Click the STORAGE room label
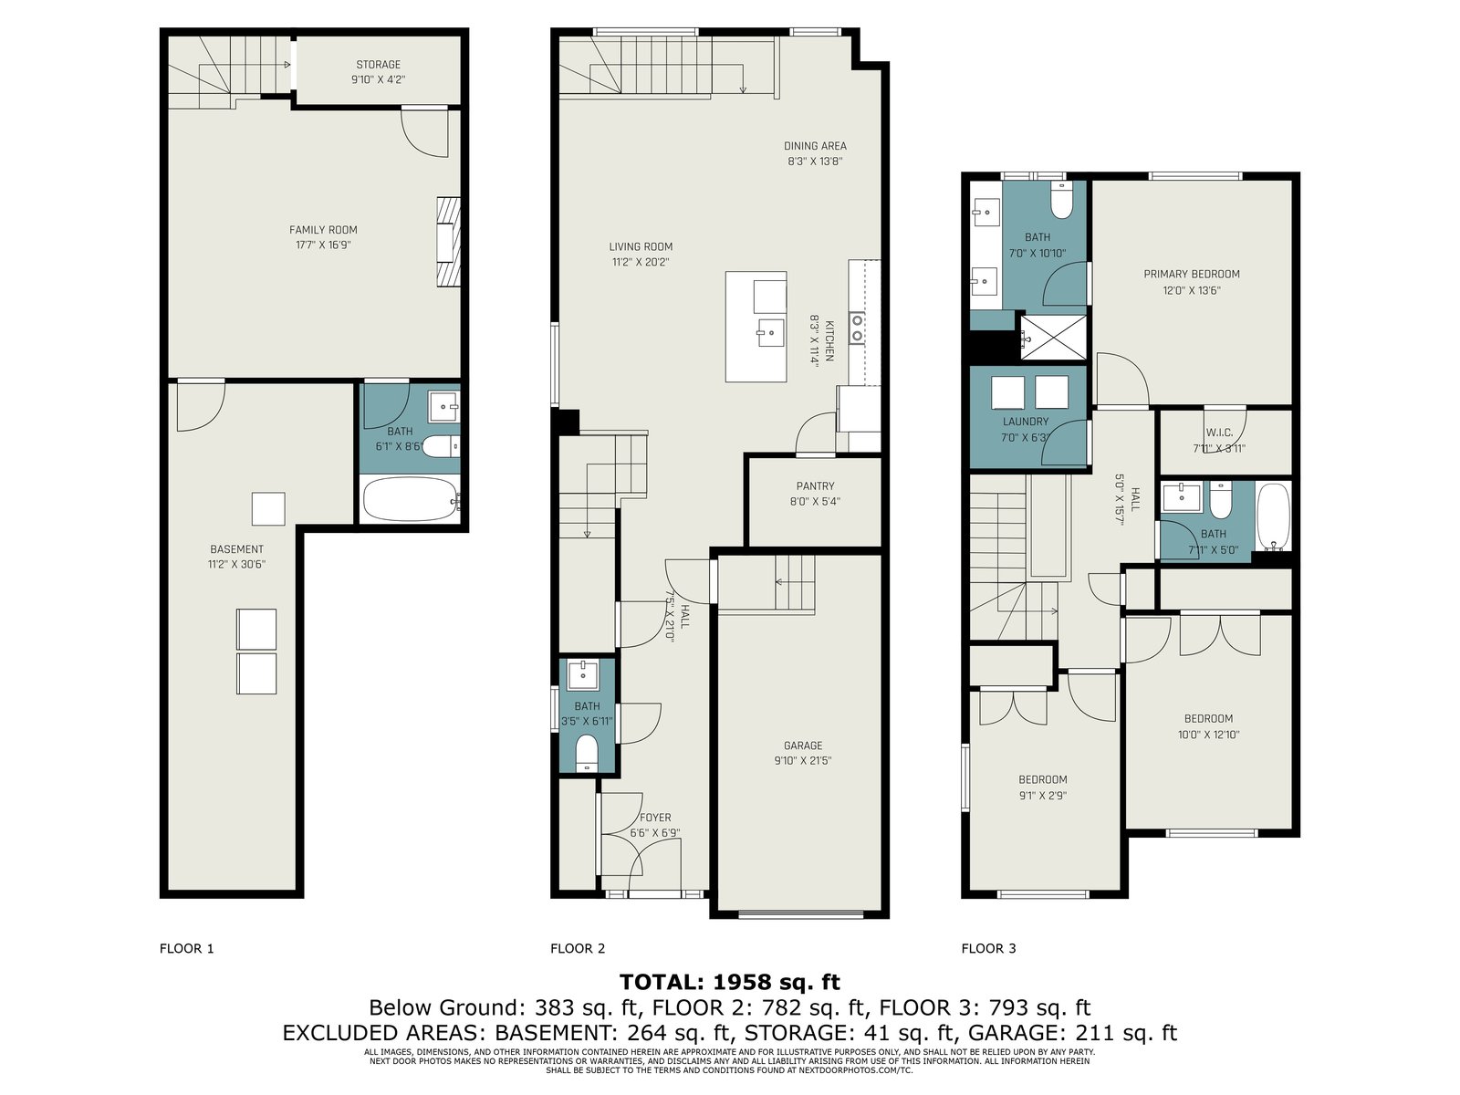coord(378,65)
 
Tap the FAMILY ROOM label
coord(323,230)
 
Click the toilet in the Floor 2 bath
coord(587,753)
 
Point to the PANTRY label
coord(815,486)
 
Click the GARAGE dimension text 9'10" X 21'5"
coord(803,761)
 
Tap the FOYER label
coord(655,818)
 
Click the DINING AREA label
coord(815,146)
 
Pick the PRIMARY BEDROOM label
coord(1192,274)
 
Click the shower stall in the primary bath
coord(1053,337)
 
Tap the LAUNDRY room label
coord(1026,422)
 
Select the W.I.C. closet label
coord(1219,433)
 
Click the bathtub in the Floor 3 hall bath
coord(1274,516)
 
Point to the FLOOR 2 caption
coord(578,949)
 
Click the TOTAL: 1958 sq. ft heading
coord(730,982)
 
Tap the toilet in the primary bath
coord(1061,201)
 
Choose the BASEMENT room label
coord(236,549)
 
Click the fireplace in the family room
coord(448,242)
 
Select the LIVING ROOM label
coord(641,246)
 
